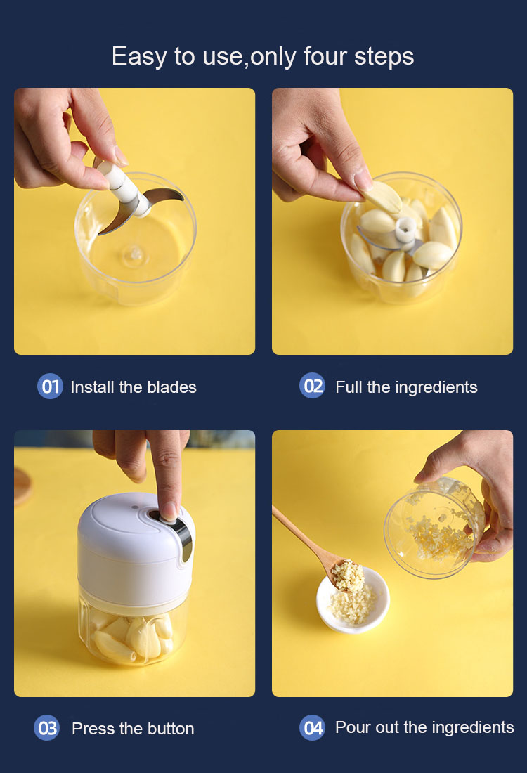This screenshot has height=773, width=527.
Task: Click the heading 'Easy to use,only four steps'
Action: [263, 56]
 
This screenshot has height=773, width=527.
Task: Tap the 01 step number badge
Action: [50, 386]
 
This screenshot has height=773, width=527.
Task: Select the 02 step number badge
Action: [313, 386]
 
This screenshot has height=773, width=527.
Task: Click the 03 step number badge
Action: [47, 728]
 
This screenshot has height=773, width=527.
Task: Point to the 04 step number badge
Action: [313, 727]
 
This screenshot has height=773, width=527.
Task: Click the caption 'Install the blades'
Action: [134, 387]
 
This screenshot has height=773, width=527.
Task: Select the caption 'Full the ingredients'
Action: [406, 387]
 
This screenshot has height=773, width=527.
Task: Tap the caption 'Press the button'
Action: [133, 729]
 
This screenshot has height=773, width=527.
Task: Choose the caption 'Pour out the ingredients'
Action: [424, 727]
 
